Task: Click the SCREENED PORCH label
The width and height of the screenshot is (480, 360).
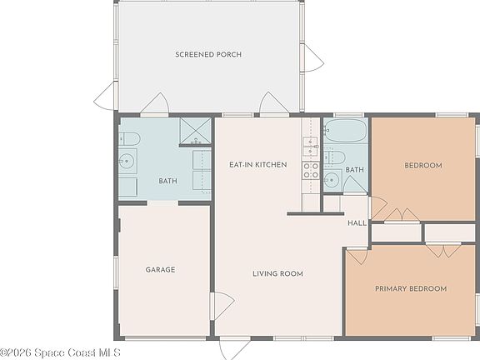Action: [x=208, y=54]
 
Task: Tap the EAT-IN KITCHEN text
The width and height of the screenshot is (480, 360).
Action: [x=258, y=165]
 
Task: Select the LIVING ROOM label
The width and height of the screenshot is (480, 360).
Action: [x=277, y=273]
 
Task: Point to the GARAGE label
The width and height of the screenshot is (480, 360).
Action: [x=160, y=270]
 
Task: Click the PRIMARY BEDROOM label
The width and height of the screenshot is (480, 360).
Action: [x=411, y=288]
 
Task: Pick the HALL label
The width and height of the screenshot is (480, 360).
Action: [x=357, y=223]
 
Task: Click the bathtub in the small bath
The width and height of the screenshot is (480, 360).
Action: [x=346, y=130]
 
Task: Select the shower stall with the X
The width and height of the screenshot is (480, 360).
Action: [x=195, y=131]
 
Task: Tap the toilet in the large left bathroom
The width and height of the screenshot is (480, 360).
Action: [x=129, y=139]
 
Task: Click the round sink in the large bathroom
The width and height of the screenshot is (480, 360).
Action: [x=126, y=161]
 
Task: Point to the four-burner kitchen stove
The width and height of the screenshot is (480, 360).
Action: [x=311, y=171]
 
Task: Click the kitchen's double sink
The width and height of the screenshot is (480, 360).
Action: [x=311, y=147]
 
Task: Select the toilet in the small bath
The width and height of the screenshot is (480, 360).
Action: [x=335, y=157]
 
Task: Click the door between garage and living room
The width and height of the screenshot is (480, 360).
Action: [x=222, y=306]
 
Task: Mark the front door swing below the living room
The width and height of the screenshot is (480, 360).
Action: [x=235, y=348]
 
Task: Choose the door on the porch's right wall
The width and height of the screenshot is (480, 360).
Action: [x=312, y=58]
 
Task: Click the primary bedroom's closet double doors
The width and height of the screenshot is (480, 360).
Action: [x=443, y=250]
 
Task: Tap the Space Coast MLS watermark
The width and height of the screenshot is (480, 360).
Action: [x=60, y=352]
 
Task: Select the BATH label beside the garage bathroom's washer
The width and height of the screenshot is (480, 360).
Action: [x=167, y=181]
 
